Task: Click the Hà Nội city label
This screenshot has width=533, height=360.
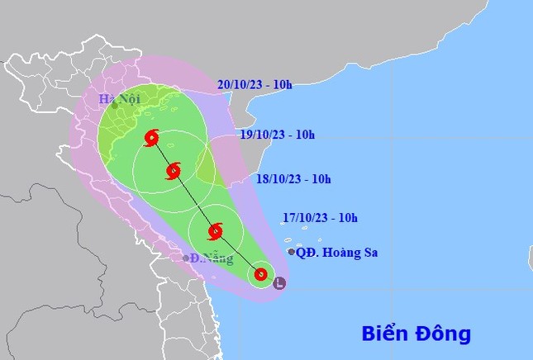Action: coord(119,99)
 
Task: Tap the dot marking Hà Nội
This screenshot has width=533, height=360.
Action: coord(115,105)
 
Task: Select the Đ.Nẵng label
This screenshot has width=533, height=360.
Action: coord(207,258)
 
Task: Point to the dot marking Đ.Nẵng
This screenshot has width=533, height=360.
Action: coord(186,258)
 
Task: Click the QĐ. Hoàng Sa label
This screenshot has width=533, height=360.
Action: coord(337,252)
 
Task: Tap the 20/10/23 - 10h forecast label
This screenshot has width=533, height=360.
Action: coord(255,83)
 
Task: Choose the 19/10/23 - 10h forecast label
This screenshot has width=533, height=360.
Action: coord(277,135)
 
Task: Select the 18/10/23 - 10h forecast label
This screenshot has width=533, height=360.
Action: coord(293,178)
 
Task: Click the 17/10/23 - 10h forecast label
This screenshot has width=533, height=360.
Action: coord(319,218)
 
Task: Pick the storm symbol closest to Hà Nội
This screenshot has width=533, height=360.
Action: coord(150,138)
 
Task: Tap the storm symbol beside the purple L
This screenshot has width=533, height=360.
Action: coord(260,274)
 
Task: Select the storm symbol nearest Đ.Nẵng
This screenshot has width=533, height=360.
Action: coord(217,231)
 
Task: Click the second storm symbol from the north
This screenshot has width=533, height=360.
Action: coord(174,171)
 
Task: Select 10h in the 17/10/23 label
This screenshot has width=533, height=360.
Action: coord(347,218)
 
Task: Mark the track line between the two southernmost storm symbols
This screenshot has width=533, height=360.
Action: coord(239,253)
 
